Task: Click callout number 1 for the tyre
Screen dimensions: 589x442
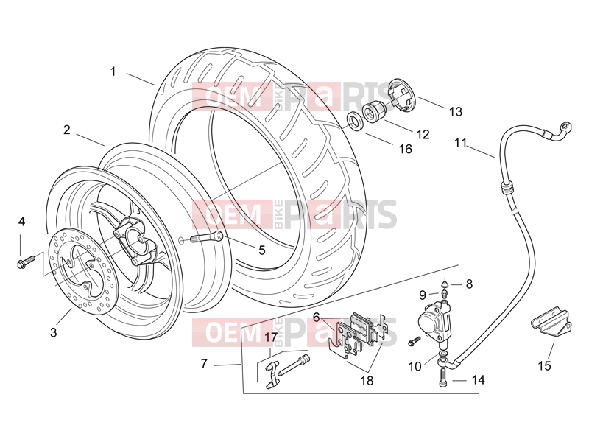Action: click(113, 71)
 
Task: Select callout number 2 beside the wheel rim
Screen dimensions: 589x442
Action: click(67, 130)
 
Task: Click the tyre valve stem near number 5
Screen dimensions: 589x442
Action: click(208, 237)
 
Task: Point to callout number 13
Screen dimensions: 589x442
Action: click(456, 112)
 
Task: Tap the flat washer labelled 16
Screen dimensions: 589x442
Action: click(354, 122)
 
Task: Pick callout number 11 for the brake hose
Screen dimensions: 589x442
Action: click(461, 143)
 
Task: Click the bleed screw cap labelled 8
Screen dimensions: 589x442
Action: click(445, 282)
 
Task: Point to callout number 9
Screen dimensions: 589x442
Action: click(423, 295)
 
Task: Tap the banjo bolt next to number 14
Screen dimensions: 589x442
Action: click(443, 377)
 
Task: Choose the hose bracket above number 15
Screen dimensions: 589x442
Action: click(551, 321)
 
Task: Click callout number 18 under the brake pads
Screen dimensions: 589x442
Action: click(367, 381)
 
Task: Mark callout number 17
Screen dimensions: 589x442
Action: click(271, 337)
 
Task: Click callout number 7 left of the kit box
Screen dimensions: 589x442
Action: click(204, 363)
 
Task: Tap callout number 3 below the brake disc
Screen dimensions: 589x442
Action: click(53, 332)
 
